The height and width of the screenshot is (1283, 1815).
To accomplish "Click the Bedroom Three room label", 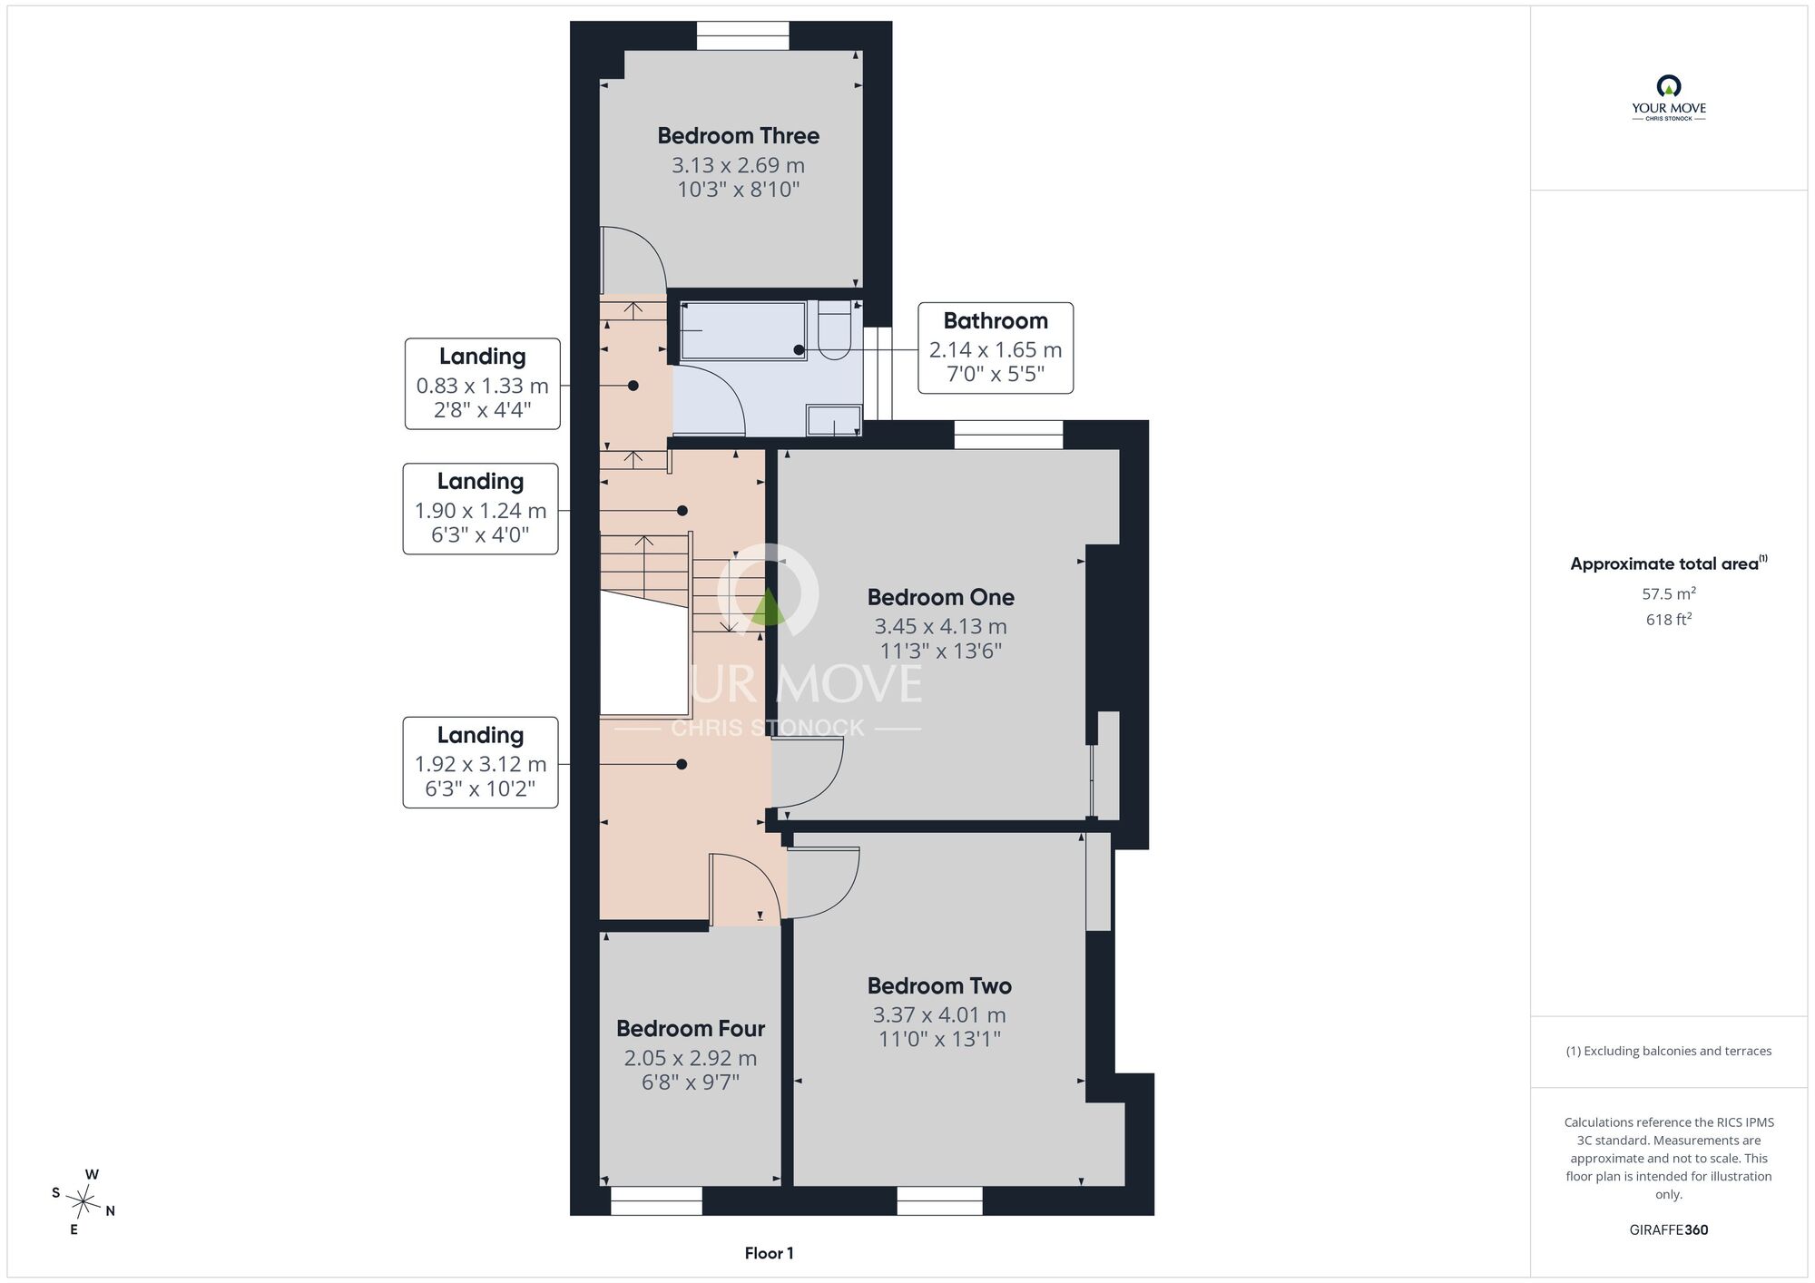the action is pos(738,136).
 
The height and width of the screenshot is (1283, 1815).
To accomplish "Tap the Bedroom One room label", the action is pos(940,597).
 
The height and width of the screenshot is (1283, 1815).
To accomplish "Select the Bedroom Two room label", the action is pos(939,985).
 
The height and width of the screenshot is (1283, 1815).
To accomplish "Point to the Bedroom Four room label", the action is pos(691,1028).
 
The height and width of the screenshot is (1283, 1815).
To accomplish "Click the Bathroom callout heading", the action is pos(996,320).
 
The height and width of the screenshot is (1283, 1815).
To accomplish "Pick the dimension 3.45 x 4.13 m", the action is pos(940,626).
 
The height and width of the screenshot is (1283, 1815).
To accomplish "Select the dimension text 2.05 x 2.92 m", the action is pos(691,1058).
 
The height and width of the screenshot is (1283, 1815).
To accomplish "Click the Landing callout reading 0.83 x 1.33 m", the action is pos(482,384).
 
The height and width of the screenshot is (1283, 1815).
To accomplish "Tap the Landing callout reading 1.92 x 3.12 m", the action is pos(480,762).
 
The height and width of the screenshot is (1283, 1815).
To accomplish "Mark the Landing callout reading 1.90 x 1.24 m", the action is pos(480,509).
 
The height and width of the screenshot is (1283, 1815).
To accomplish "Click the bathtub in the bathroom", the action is pos(742,330).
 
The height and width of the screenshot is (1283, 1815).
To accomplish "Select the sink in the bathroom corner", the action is pos(834,421).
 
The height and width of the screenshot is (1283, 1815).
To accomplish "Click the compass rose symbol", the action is pos(83,1203).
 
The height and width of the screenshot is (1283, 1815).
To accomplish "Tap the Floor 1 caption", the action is pos(769,1253).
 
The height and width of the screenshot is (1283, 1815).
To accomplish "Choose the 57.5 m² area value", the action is pos(1668,593).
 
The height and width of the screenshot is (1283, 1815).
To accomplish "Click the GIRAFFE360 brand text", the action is pos(1668,1230).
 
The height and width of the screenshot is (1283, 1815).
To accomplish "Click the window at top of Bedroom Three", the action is pos(742,35).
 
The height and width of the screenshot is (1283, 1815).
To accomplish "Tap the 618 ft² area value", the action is pos(1668,620).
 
